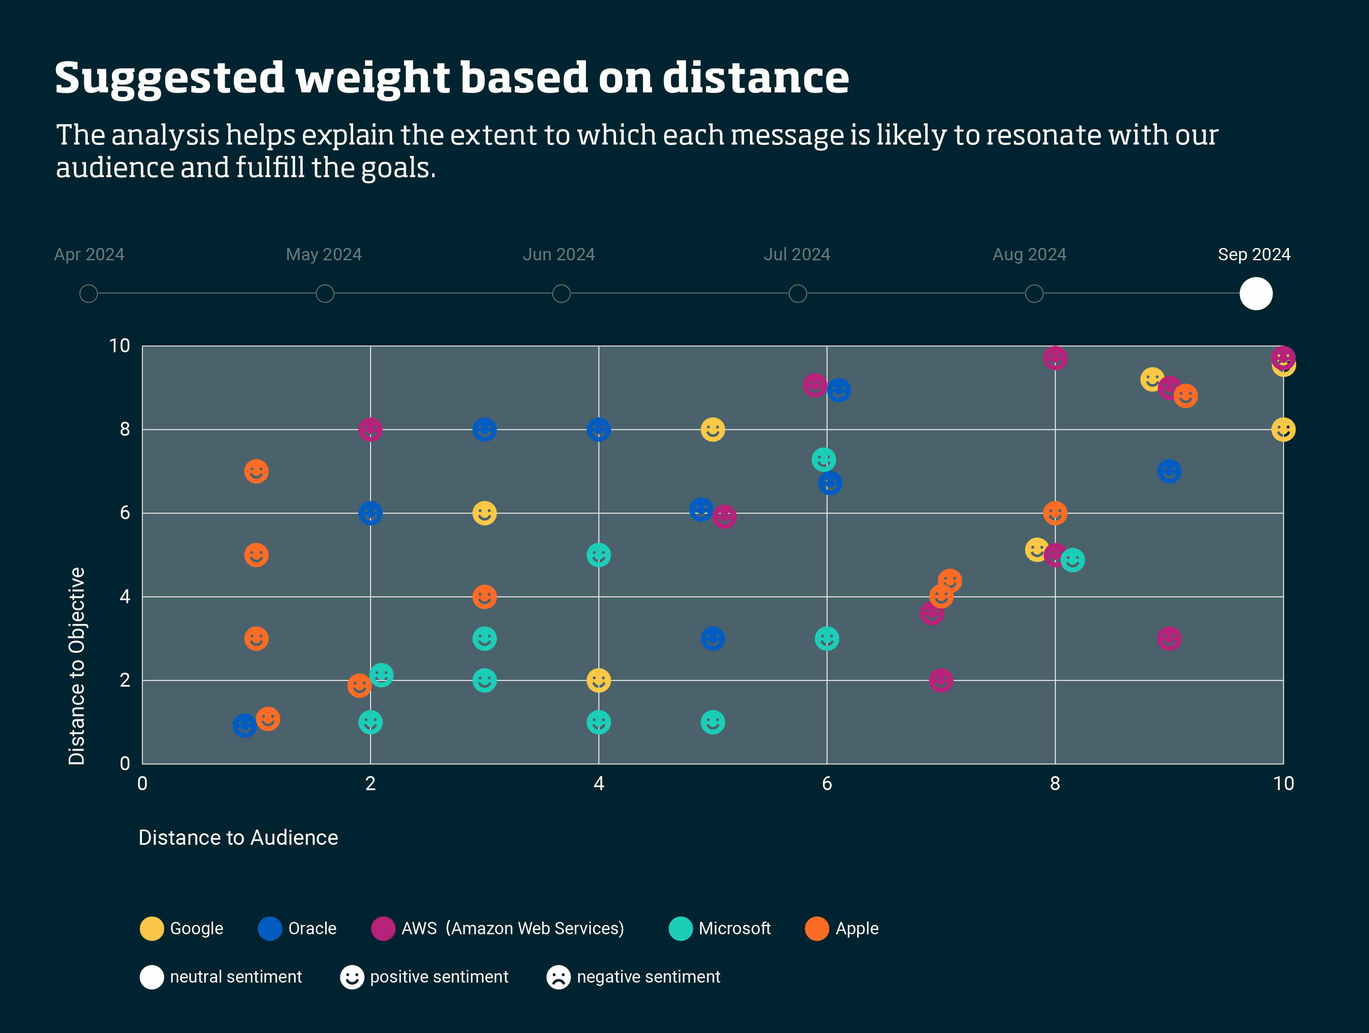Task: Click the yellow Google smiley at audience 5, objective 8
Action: [x=712, y=429]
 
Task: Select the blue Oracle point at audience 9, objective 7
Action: [x=1168, y=472]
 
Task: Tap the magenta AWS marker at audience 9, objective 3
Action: [x=1168, y=638]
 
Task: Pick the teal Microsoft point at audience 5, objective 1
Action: [x=712, y=722]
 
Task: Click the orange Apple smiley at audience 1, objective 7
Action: [x=256, y=472]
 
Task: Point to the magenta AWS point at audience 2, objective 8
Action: [x=370, y=429]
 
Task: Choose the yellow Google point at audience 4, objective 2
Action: [x=599, y=680]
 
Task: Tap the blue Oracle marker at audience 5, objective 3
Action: [x=712, y=638]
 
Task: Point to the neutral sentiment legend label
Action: [x=236, y=977]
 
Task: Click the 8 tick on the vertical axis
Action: [x=125, y=429]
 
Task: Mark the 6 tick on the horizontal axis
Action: [x=827, y=784]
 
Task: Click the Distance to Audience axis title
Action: [x=238, y=838]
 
